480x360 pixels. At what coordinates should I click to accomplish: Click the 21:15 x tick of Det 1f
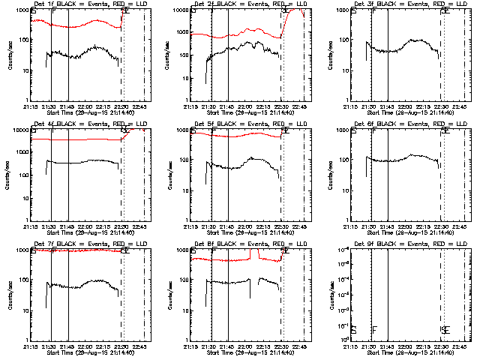coord(33,105)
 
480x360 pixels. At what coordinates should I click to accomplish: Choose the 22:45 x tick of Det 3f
coord(463,105)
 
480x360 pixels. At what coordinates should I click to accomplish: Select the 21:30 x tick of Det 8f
coord(211,345)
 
